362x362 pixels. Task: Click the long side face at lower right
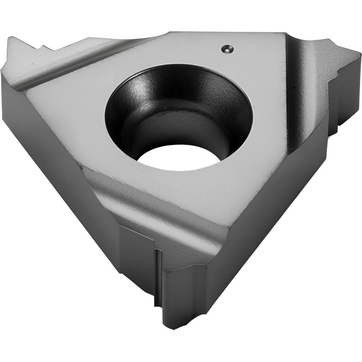click(x=261, y=217)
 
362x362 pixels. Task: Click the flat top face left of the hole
click(x=72, y=105)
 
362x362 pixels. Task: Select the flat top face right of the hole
click(x=268, y=109)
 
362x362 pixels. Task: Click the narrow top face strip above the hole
click(x=181, y=51)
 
